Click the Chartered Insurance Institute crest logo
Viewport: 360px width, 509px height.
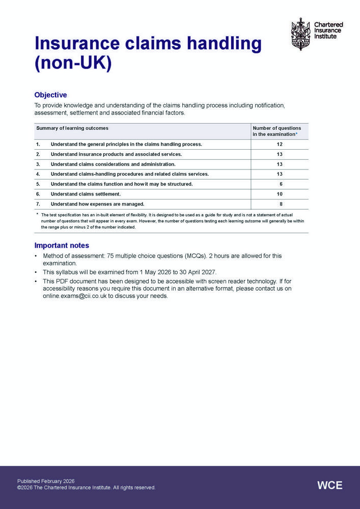(x=300, y=34)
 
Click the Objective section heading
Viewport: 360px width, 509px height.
(x=50, y=95)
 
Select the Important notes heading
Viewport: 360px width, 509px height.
(x=62, y=245)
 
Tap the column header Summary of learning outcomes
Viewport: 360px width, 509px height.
(x=72, y=128)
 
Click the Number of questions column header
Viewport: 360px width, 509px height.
(x=277, y=131)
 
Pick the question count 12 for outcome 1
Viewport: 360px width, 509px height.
(x=280, y=144)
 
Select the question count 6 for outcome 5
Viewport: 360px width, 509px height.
(x=281, y=184)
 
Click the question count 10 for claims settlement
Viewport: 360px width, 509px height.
(x=280, y=194)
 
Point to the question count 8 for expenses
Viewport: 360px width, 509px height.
(x=281, y=204)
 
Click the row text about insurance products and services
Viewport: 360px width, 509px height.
(x=116, y=154)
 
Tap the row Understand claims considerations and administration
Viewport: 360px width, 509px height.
(x=113, y=164)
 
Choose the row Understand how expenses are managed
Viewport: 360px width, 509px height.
(x=97, y=204)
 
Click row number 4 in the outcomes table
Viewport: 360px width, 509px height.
(x=38, y=174)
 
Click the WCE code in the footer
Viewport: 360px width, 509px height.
(x=330, y=485)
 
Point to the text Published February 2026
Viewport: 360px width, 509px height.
(x=46, y=481)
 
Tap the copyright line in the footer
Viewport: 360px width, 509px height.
(x=86, y=488)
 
